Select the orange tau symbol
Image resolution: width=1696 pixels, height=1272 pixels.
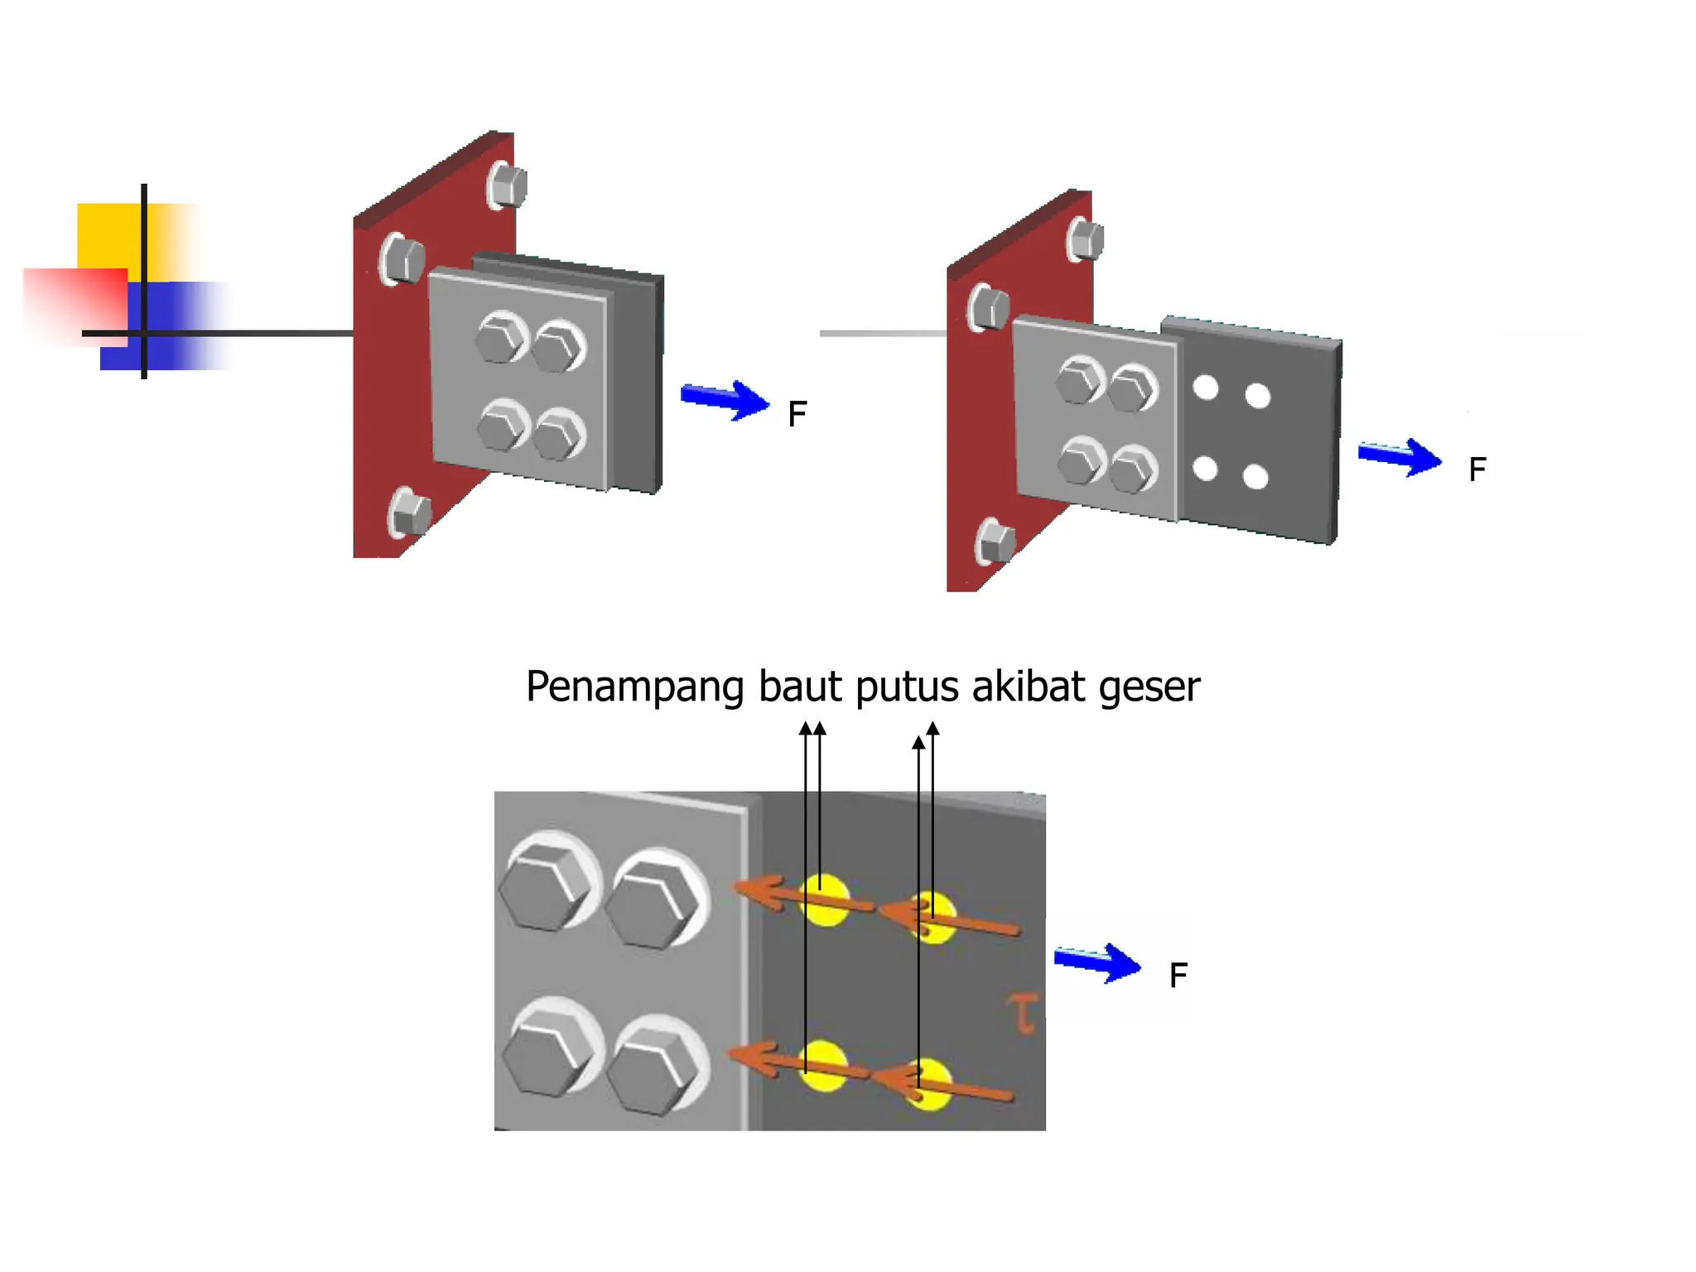point(1024,1014)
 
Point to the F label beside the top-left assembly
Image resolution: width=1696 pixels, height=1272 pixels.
point(797,414)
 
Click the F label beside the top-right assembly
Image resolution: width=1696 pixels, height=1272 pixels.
point(1477,470)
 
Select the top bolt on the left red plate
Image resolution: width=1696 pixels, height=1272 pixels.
point(507,185)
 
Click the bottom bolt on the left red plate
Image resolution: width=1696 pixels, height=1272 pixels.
point(410,513)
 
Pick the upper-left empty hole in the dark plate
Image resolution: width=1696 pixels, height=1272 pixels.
point(1206,388)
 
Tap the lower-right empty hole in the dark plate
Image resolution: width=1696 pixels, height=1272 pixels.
point(1255,477)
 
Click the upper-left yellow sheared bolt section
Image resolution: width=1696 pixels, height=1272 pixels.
point(824,899)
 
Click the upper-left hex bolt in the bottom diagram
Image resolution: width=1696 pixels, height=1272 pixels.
point(547,886)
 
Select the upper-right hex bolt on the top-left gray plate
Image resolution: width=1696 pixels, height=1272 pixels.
point(557,347)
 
